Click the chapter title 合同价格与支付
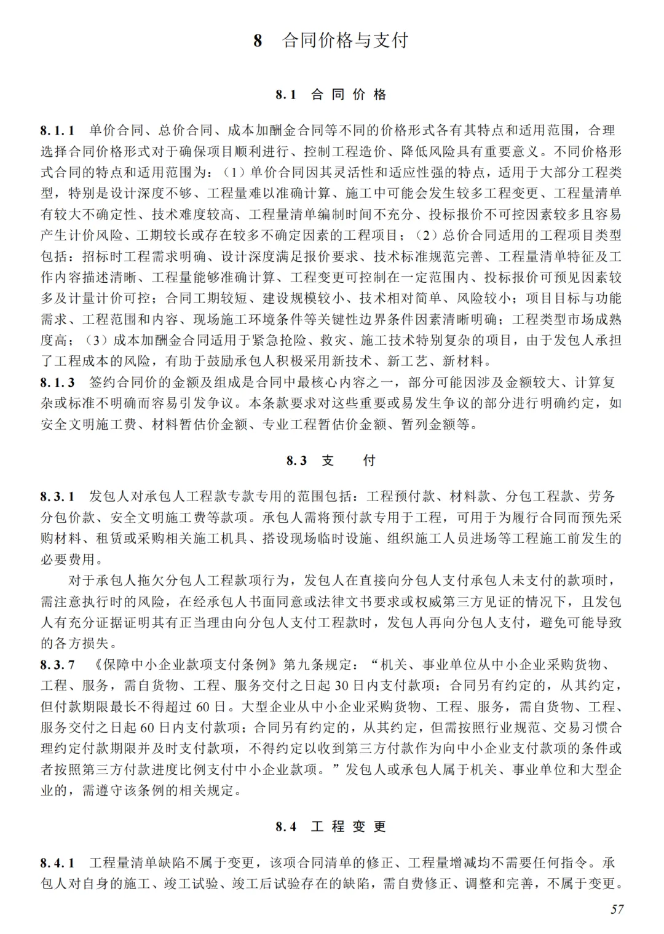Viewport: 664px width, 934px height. click(x=345, y=41)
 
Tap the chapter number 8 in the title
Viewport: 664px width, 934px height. click(x=258, y=41)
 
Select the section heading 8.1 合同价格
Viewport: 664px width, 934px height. click(x=331, y=95)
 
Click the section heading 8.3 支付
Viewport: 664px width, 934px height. click(x=331, y=461)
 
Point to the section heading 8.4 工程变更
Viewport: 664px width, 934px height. click(x=331, y=826)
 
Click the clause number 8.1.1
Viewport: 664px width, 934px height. click(x=58, y=130)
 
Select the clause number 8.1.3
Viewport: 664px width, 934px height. click(x=58, y=382)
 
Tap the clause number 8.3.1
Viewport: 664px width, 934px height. click(x=58, y=496)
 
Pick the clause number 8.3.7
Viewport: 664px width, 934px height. click(x=58, y=665)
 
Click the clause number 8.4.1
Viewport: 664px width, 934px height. click(x=58, y=863)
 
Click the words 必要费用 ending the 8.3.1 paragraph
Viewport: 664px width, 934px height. click(x=68, y=560)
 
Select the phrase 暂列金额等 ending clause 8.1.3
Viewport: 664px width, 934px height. click(x=435, y=424)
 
